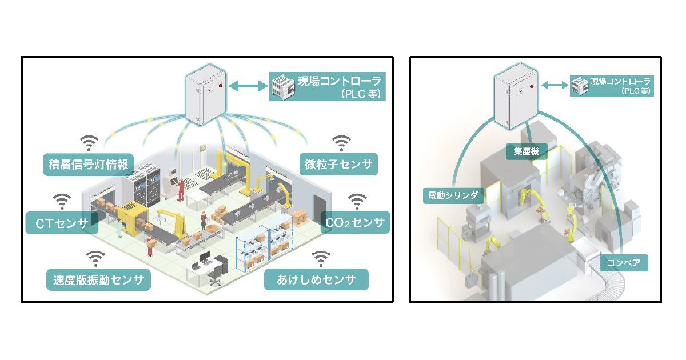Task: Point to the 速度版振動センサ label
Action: coord(98,280)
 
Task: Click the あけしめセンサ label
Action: coord(316,280)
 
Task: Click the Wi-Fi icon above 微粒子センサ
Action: coord(341,142)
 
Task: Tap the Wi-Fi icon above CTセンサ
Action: coord(62,201)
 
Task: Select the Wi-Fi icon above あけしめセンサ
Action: coord(321,258)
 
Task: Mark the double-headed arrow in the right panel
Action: coord(553,86)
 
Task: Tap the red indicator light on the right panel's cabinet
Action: coord(531,87)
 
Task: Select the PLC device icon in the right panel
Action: coord(579,86)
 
